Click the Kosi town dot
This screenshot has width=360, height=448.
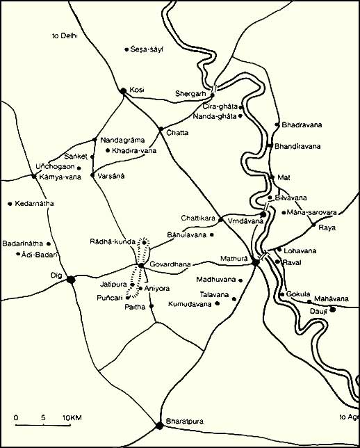pos(123,90)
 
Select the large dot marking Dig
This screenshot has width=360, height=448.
pos(70,280)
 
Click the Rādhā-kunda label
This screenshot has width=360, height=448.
pos(111,241)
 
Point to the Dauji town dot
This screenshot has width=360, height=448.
pos(332,309)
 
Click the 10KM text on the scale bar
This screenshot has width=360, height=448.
pos(72,417)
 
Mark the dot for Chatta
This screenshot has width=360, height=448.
pos(160,129)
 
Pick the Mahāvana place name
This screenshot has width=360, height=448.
pos(329,297)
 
